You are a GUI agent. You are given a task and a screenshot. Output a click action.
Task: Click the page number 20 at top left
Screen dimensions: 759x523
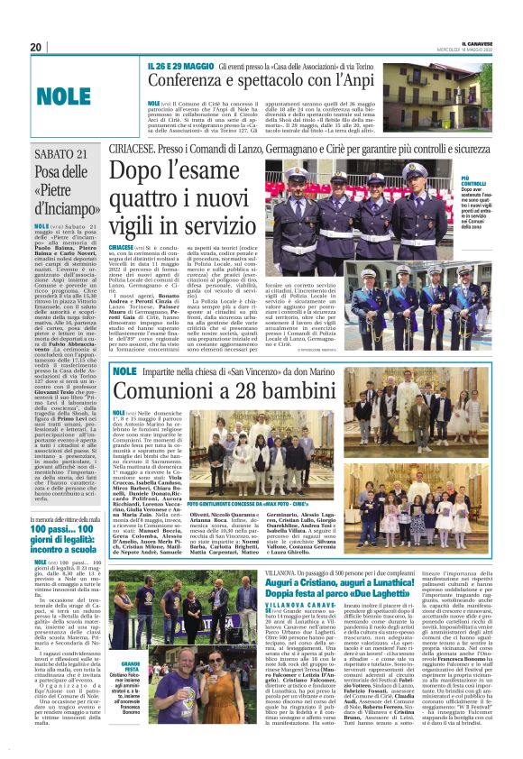tap(36, 47)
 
